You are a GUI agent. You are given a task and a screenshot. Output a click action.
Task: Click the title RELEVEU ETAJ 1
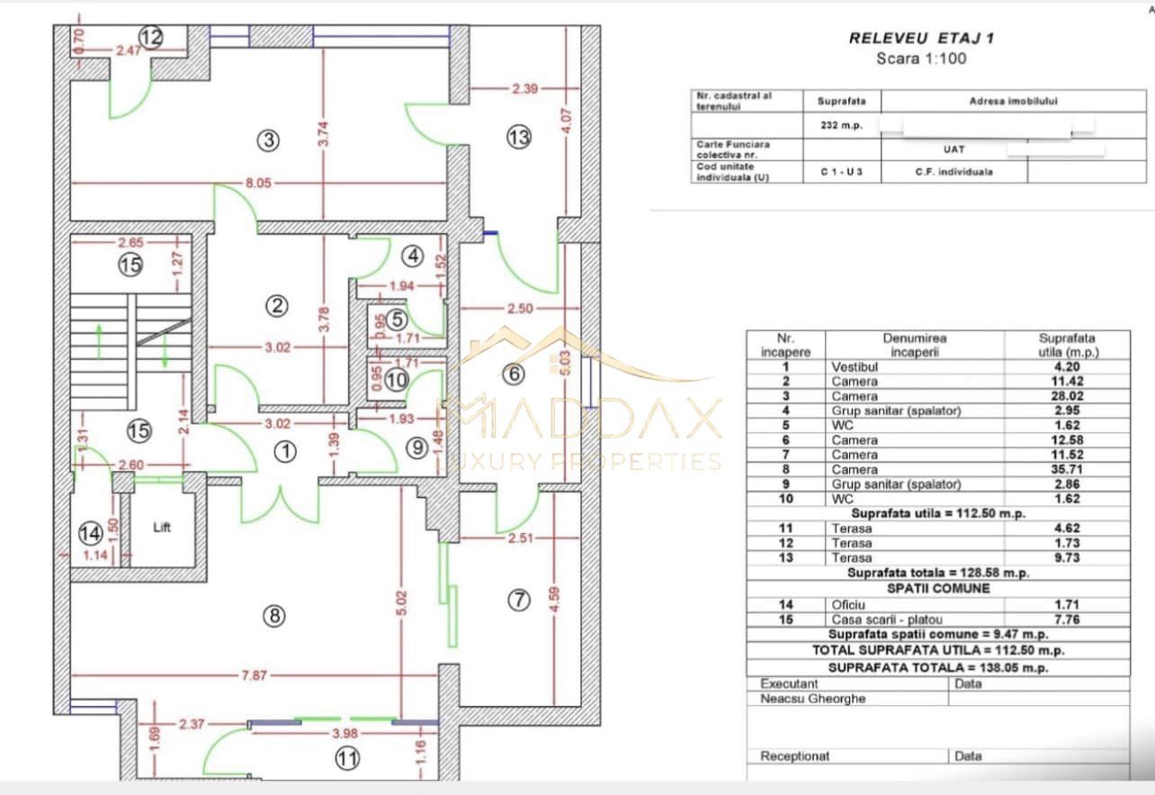click(x=922, y=39)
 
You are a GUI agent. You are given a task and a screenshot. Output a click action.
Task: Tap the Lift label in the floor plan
click(x=162, y=528)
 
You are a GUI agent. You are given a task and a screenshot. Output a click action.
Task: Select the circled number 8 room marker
click(x=273, y=616)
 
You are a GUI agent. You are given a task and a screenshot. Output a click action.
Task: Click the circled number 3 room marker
click(x=267, y=140)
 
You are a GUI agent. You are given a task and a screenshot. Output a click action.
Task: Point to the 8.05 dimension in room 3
click(x=257, y=184)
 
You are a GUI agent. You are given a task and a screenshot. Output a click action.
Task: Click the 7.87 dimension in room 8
click(x=254, y=675)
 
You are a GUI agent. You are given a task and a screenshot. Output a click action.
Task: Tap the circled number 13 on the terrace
click(x=519, y=138)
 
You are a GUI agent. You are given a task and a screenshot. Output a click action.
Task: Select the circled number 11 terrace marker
click(x=347, y=759)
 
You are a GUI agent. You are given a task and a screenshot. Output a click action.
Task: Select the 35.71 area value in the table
click(x=1066, y=470)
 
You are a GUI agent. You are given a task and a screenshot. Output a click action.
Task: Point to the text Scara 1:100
click(x=922, y=59)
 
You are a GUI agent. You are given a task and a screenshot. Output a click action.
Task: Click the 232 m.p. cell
click(x=841, y=126)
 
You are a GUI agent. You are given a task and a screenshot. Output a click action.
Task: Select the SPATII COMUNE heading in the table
click(x=937, y=589)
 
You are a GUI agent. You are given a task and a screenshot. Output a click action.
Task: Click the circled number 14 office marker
click(x=90, y=533)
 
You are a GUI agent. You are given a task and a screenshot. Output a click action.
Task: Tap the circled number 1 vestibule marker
click(x=285, y=453)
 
